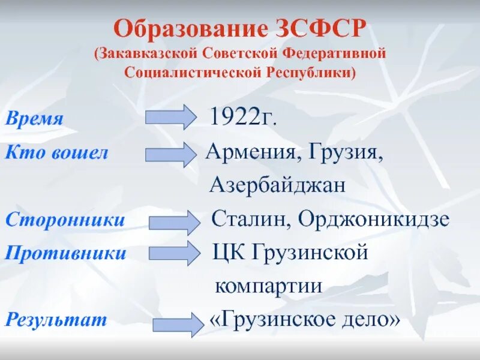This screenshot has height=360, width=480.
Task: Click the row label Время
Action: pyautogui.click(x=35, y=118)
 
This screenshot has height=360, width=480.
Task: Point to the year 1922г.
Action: pyautogui.click(x=243, y=117)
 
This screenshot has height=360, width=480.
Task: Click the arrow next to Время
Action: pyautogui.click(x=170, y=116)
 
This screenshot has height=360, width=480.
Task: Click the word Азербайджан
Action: pyautogui.click(x=278, y=185)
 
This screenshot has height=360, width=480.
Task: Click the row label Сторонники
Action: pyautogui.click(x=65, y=220)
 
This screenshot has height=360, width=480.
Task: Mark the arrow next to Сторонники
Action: pyautogui.click(x=175, y=222)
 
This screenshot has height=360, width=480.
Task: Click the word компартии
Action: pyautogui.click(x=269, y=286)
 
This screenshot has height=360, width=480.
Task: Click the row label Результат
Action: pyautogui.click(x=56, y=319)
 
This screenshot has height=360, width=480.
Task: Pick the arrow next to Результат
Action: pyautogui.click(x=178, y=324)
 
